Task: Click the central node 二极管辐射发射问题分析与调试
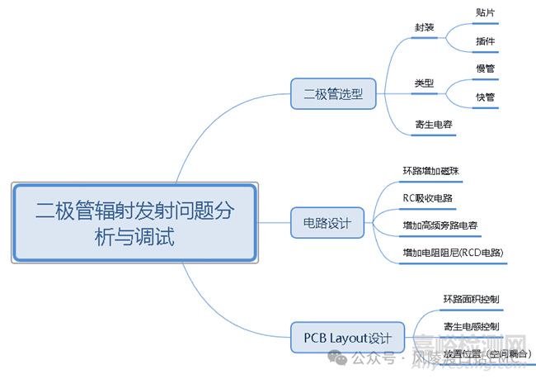point(134,222)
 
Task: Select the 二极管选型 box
point(333,94)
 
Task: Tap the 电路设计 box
point(327,223)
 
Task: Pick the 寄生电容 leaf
point(433,125)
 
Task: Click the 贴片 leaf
point(486,13)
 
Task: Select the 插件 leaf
point(486,41)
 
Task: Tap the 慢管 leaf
point(486,69)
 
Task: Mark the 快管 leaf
point(486,97)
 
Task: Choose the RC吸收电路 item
point(427,198)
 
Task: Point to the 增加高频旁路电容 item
point(440,225)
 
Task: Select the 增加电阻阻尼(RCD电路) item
point(453,252)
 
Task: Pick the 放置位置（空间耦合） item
point(487,353)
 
